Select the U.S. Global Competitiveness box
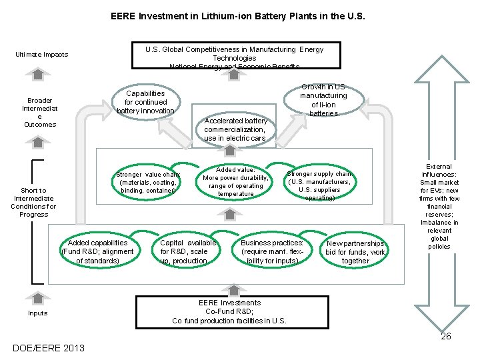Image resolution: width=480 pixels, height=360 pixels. point(234,56)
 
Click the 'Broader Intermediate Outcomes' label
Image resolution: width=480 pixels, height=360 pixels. point(40,113)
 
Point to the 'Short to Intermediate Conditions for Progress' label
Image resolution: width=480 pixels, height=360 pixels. point(33,202)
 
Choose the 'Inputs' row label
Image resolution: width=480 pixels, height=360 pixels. point(38,313)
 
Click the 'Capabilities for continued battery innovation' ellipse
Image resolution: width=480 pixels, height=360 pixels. point(145,102)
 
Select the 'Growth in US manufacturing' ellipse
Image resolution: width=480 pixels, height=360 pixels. point(323,101)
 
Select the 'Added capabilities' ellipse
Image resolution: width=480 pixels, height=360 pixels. point(97,251)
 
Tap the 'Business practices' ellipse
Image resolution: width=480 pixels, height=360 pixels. point(272,251)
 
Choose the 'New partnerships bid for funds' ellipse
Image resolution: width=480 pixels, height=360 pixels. point(355,252)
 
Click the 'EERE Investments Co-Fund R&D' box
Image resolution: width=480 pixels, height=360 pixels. point(231,312)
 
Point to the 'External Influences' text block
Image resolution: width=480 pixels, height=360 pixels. point(439,207)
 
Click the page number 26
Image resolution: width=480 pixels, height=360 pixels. point(445,336)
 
